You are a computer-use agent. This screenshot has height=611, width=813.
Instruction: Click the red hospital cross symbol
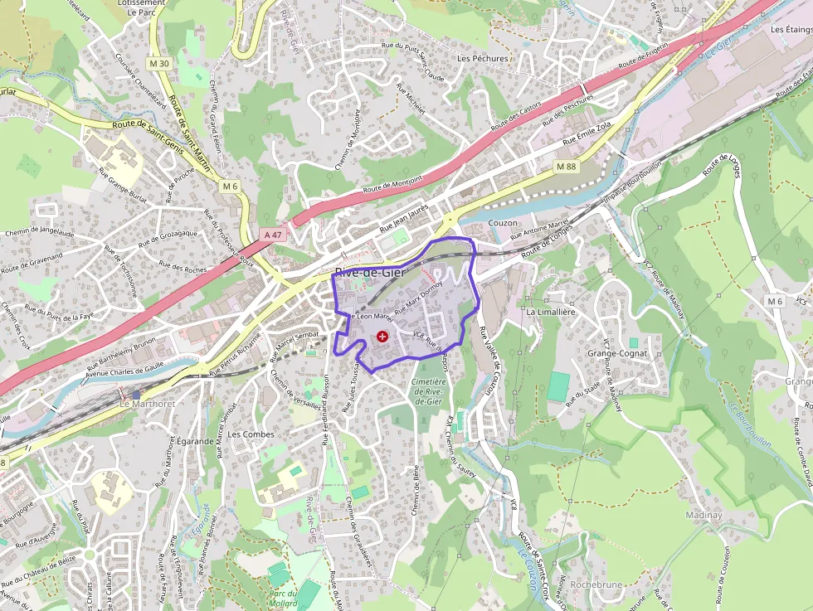click(x=382, y=337)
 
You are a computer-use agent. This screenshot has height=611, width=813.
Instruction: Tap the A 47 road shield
click(x=272, y=235)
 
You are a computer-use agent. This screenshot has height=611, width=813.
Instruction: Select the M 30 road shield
click(x=160, y=64)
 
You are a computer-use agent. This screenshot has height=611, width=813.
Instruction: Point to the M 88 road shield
click(x=566, y=167)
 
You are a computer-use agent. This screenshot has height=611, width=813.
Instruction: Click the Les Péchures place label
click(x=483, y=59)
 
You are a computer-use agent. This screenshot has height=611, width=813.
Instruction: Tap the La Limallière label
click(x=550, y=312)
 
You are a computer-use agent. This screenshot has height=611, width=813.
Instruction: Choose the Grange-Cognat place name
click(x=616, y=353)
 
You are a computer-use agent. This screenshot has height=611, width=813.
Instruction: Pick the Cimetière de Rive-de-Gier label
click(x=428, y=391)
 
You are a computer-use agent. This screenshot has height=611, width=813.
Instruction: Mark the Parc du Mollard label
click(x=283, y=598)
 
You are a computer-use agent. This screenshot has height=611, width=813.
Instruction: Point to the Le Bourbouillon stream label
click(x=750, y=424)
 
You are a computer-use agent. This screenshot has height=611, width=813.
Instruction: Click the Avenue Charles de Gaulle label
click(x=125, y=371)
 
